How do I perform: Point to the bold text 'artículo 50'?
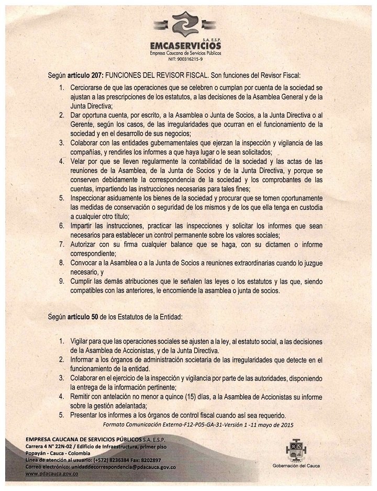(83, 317)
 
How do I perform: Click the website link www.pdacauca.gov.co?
(52, 472)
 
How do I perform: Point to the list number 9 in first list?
(61, 282)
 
